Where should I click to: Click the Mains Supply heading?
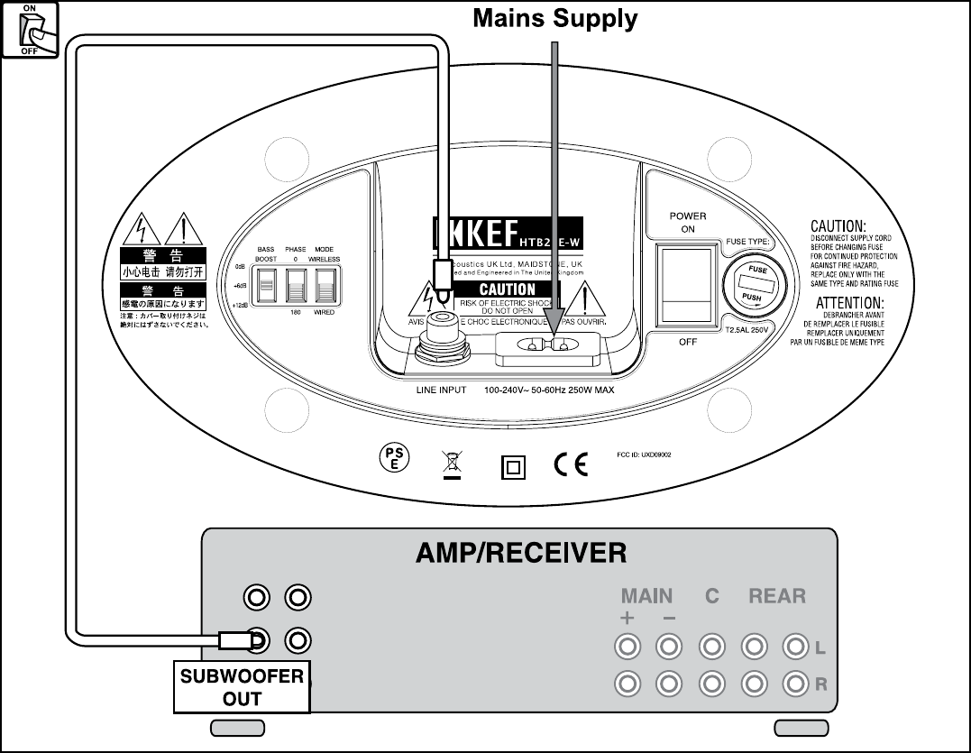click(555, 18)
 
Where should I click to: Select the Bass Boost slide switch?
click(266, 289)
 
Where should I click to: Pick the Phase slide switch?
click(296, 289)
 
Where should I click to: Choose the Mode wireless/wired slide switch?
click(325, 289)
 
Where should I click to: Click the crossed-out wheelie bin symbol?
click(453, 463)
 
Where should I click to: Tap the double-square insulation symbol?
click(512, 466)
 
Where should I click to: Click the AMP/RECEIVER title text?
click(521, 553)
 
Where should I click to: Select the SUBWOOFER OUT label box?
click(242, 687)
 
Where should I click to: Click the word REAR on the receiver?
click(777, 596)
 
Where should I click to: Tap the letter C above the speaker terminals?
click(712, 596)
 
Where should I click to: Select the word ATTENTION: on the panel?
click(849, 303)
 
